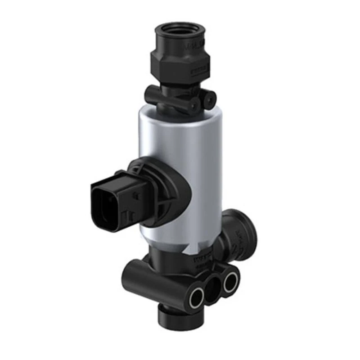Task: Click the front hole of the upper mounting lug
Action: tap(194, 105)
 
